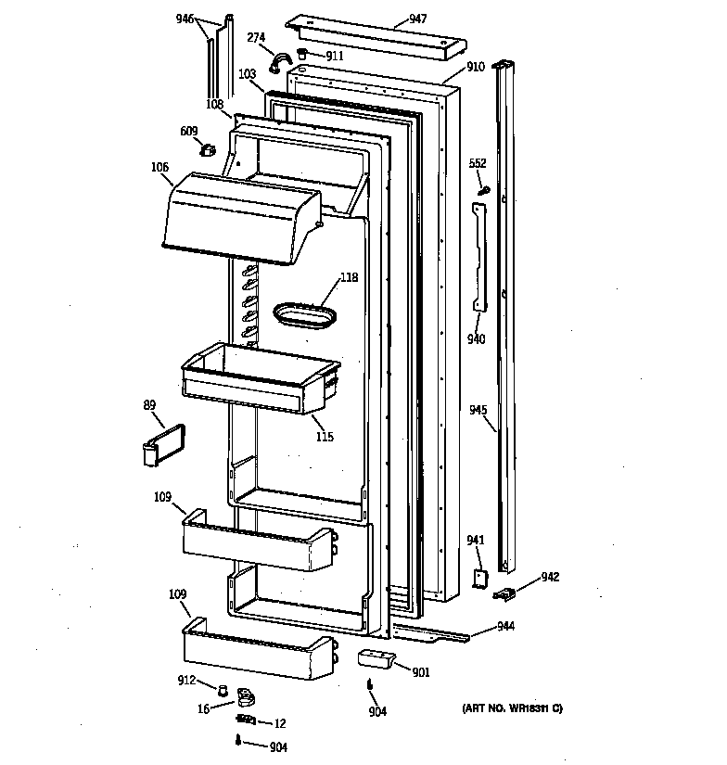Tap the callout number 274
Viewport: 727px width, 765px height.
tap(257, 37)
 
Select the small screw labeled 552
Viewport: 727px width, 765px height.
tap(483, 189)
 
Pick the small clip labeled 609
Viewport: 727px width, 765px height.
tap(210, 148)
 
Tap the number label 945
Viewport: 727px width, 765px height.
tap(478, 409)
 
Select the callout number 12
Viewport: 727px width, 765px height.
tap(281, 723)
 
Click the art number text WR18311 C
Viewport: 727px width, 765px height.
tap(512, 708)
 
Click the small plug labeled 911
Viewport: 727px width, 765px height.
tap(303, 55)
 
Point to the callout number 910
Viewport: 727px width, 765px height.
tap(475, 67)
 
